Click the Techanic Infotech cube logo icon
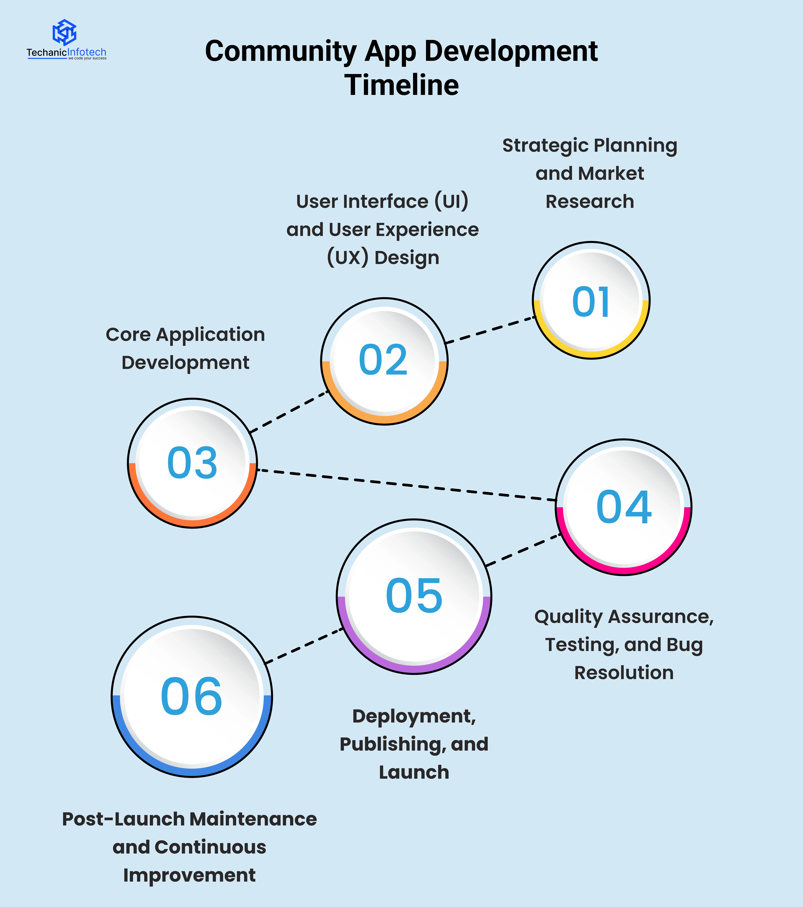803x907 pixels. coord(64,32)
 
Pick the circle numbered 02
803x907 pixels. coord(384,361)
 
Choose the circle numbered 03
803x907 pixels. coord(192,463)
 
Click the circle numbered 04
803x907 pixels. coord(624,507)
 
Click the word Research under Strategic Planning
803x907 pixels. coord(590,202)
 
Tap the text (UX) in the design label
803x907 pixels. coord(348,257)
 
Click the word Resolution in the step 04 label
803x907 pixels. coord(624,673)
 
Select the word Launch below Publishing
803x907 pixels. coord(414,772)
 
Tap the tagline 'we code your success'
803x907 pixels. coord(87,58)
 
